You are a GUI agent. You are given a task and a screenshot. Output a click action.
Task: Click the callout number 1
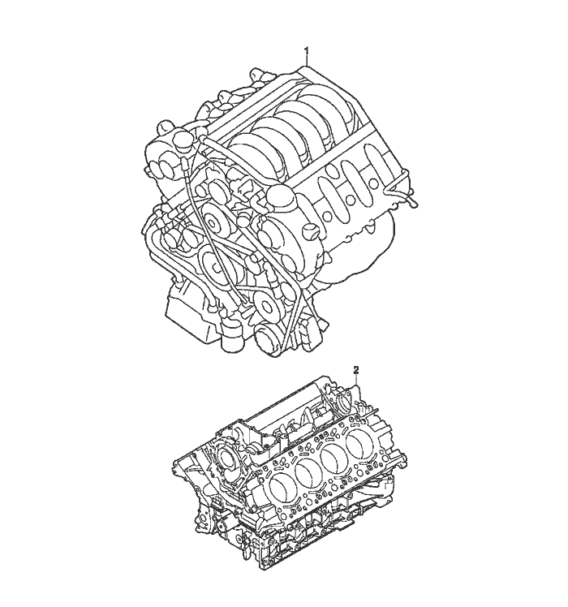[307, 50]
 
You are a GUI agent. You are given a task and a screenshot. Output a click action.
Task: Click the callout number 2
[356, 371]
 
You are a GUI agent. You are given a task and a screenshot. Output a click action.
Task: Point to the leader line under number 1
[307, 60]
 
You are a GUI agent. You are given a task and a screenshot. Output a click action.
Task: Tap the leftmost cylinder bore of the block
[281, 488]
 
